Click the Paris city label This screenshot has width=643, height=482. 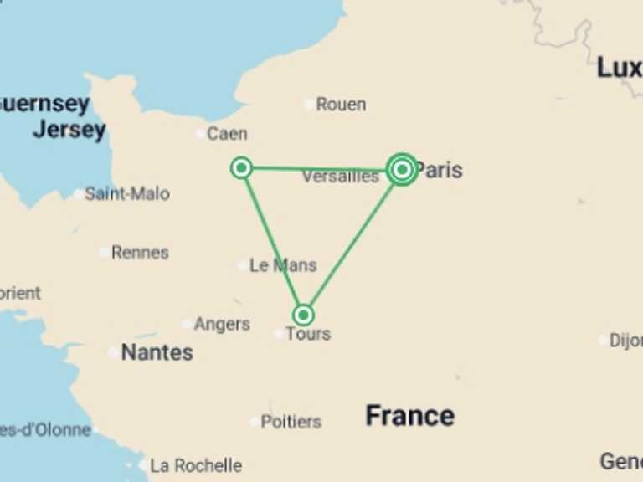440,170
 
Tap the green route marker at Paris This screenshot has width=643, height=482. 402,170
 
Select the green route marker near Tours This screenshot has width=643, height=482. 303,315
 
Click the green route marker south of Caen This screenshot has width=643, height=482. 241,168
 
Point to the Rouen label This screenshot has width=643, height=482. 341,105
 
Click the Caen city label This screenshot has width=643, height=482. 227,133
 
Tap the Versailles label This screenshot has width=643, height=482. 340,177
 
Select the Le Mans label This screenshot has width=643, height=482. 283,265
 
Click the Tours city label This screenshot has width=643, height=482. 308,334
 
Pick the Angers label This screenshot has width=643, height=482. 222,324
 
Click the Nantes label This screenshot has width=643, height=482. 157,352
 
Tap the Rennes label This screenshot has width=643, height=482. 140,252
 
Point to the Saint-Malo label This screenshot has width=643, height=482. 127,194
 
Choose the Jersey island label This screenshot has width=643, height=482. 69,130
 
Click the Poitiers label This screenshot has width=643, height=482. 291,422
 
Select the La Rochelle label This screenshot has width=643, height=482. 196,465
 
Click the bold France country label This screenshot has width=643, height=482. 410,416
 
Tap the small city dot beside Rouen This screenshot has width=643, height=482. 310,105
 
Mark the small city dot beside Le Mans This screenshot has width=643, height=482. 243,266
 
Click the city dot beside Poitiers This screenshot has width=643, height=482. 254,422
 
